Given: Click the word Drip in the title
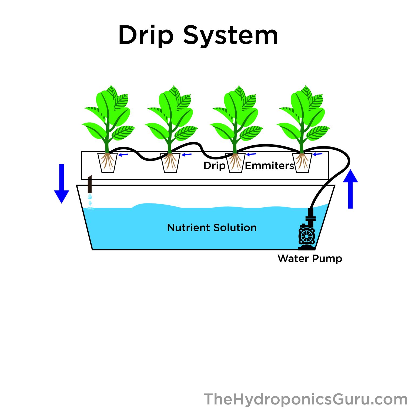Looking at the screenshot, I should (x=146, y=35).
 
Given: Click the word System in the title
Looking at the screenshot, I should (x=230, y=35).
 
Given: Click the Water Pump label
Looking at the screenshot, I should (x=310, y=259).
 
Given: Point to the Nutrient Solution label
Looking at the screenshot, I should (x=212, y=228).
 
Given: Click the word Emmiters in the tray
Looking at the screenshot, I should (x=269, y=166).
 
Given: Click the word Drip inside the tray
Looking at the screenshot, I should (x=214, y=166).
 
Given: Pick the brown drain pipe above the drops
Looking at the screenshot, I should (x=90, y=184).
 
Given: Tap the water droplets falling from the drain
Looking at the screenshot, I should (x=90, y=199).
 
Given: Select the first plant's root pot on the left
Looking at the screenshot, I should (x=108, y=163).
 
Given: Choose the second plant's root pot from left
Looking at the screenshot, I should (x=170, y=163).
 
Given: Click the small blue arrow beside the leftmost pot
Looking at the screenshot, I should (x=123, y=155).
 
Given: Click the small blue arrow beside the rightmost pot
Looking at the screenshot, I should (x=318, y=154).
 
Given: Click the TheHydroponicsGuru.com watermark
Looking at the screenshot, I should (x=305, y=399).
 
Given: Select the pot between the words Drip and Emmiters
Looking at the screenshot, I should (x=235, y=163).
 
